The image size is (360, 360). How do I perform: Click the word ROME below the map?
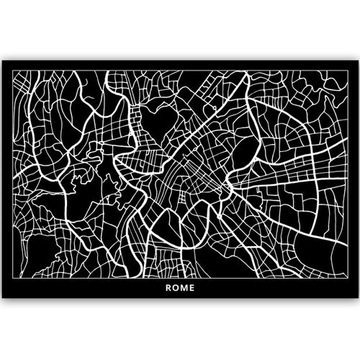[180, 292]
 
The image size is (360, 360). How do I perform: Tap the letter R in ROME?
[168, 292]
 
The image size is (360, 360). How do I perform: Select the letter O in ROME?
[176, 292]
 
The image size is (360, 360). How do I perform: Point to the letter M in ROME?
[184, 292]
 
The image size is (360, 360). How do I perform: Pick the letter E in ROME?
[193, 292]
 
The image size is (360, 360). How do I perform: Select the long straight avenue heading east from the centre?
[288, 180]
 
